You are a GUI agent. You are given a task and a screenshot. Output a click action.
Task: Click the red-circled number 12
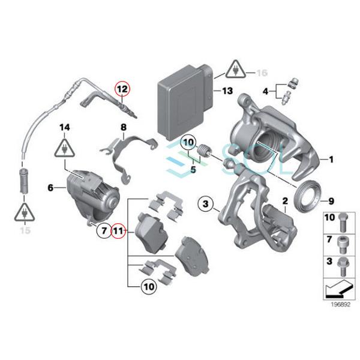[122, 89]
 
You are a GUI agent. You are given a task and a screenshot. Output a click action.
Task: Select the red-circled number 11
[119, 229]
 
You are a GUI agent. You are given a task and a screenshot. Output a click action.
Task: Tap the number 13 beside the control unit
[226, 91]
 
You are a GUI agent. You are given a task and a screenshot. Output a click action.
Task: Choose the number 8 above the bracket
[123, 127]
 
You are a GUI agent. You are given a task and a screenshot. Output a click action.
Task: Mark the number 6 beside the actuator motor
[50, 188]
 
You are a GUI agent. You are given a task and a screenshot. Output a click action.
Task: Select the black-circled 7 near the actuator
[103, 229]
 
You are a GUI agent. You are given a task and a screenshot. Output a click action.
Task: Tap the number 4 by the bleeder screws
[266, 91]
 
